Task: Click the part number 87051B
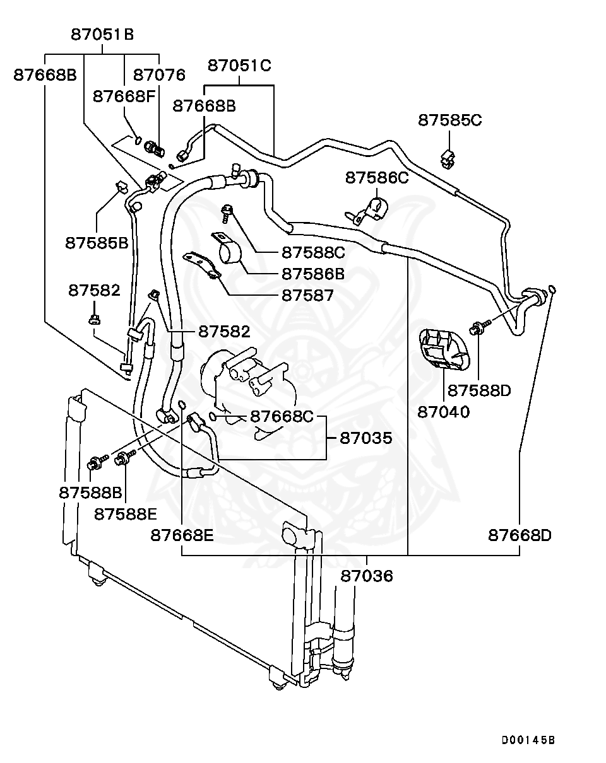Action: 102,35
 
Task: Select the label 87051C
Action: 239,65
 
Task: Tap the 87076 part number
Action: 159,75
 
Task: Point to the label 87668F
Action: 124,96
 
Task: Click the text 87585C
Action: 449,120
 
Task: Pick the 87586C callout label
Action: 376,178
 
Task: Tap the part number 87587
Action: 307,295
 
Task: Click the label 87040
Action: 443,412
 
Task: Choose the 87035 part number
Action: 365,438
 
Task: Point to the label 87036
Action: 367,576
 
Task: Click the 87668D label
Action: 520,535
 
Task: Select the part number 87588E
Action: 126,514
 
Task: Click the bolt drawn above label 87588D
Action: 478,327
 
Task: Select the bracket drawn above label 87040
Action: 444,350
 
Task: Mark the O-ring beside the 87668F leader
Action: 138,139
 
